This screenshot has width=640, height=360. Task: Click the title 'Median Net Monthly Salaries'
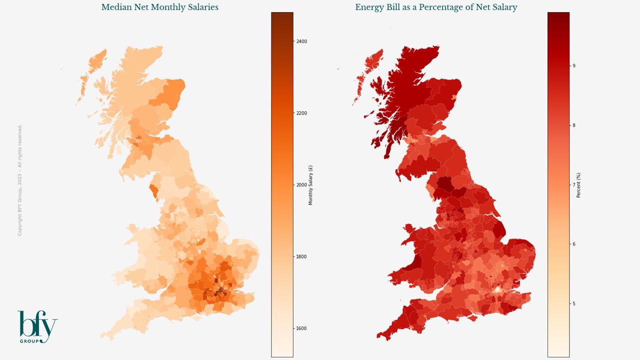click(x=159, y=7)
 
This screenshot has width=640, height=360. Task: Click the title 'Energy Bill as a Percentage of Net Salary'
click(x=436, y=7)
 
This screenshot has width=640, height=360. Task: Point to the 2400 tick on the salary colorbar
click(x=301, y=41)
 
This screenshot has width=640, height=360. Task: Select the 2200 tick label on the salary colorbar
click(x=301, y=113)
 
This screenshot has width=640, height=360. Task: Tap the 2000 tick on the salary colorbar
click(x=301, y=185)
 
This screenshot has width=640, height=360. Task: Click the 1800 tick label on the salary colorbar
click(x=301, y=257)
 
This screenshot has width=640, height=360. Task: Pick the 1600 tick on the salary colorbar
click(x=301, y=329)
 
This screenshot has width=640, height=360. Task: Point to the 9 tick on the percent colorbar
click(x=573, y=66)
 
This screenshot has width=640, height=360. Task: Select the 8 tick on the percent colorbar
click(x=573, y=125)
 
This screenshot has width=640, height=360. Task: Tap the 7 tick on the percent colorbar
click(x=573, y=185)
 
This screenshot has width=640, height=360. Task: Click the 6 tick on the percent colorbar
click(x=573, y=244)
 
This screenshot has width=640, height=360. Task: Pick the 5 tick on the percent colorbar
click(x=573, y=304)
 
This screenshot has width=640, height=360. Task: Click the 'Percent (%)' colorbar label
click(x=579, y=185)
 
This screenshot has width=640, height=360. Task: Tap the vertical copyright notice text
click(x=20, y=180)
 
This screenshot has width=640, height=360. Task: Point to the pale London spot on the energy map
click(x=497, y=290)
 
